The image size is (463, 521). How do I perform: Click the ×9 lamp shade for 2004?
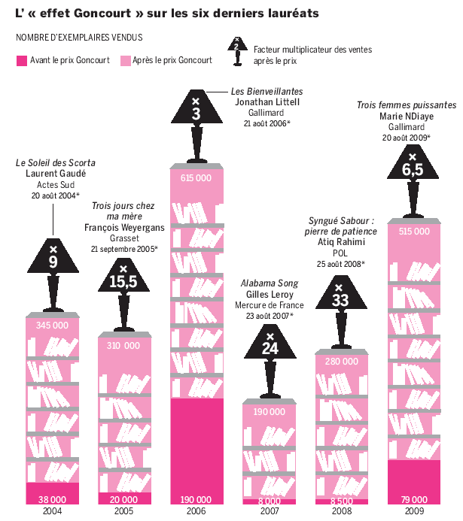[x=53, y=256]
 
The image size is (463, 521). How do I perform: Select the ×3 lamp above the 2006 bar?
[x=196, y=107]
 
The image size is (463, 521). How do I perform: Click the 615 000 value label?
[x=195, y=177]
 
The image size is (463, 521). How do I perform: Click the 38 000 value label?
[x=53, y=498]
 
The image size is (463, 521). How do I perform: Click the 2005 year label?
[x=124, y=511]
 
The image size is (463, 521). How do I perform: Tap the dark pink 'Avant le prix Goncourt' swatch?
[x=21, y=60]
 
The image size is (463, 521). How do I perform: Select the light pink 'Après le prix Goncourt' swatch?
[x=124, y=60]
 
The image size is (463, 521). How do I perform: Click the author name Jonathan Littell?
[x=267, y=101]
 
